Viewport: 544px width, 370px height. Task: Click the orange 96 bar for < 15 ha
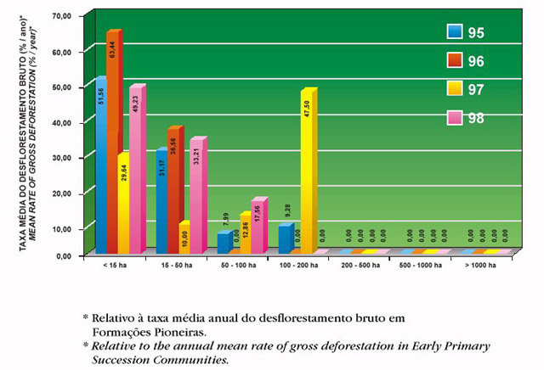coord(113,144)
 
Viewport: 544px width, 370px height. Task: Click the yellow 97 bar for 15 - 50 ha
coord(184,238)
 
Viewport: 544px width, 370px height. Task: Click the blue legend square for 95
coord(454,32)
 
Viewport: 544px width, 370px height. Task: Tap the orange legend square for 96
coord(454,60)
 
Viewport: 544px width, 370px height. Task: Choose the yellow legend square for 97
coord(454,88)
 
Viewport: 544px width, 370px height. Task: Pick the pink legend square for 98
coord(454,117)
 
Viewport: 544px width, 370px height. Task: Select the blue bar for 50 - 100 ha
coord(222,243)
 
